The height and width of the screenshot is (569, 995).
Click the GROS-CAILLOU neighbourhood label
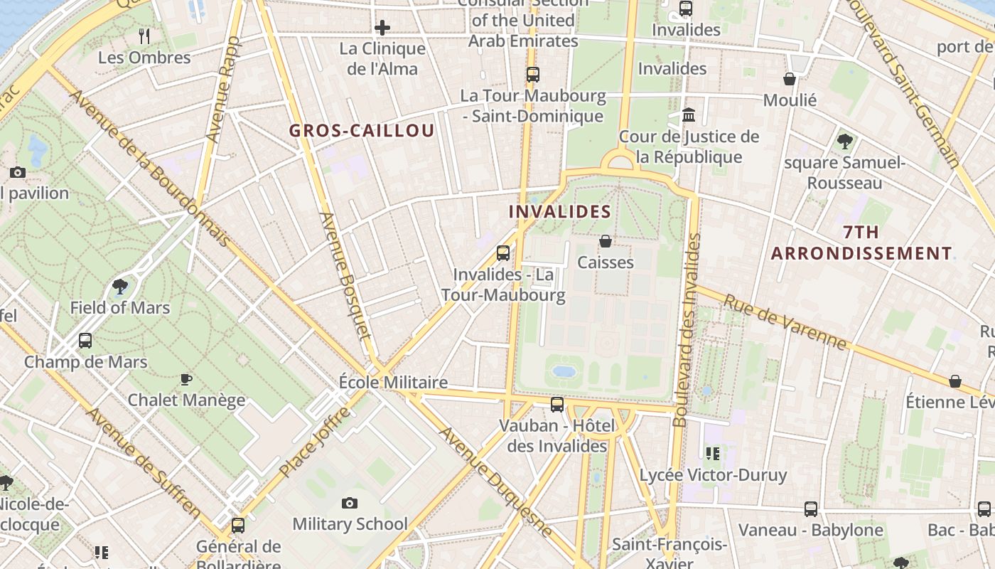click(361, 131)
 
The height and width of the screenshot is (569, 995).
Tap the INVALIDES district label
click(560, 211)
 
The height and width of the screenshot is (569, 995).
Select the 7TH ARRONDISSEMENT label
click(861, 243)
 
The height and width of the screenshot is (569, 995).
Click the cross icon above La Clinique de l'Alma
click(382, 28)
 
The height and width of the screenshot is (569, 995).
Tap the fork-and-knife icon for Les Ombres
click(145, 36)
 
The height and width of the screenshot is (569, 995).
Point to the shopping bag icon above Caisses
click(606, 241)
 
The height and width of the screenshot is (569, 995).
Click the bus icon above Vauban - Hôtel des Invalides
click(557, 405)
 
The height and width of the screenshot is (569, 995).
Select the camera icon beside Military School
click(349, 504)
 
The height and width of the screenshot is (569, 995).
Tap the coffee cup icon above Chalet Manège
click(186, 379)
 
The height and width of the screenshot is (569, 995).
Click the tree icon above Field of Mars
click(120, 287)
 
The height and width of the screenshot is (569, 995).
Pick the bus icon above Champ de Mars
click(85, 341)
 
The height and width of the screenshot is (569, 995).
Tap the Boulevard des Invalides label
click(687, 331)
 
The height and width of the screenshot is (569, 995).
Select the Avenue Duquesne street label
click(495, 482)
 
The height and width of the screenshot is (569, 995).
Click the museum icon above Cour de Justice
click(689, 115)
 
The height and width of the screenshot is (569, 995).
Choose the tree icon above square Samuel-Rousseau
click(845, 141)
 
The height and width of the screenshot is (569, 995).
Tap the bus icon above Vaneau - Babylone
click(811, 509)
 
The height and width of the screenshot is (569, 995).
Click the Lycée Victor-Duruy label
click(714, 475)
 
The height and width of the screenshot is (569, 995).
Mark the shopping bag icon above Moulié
click(790, 79)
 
